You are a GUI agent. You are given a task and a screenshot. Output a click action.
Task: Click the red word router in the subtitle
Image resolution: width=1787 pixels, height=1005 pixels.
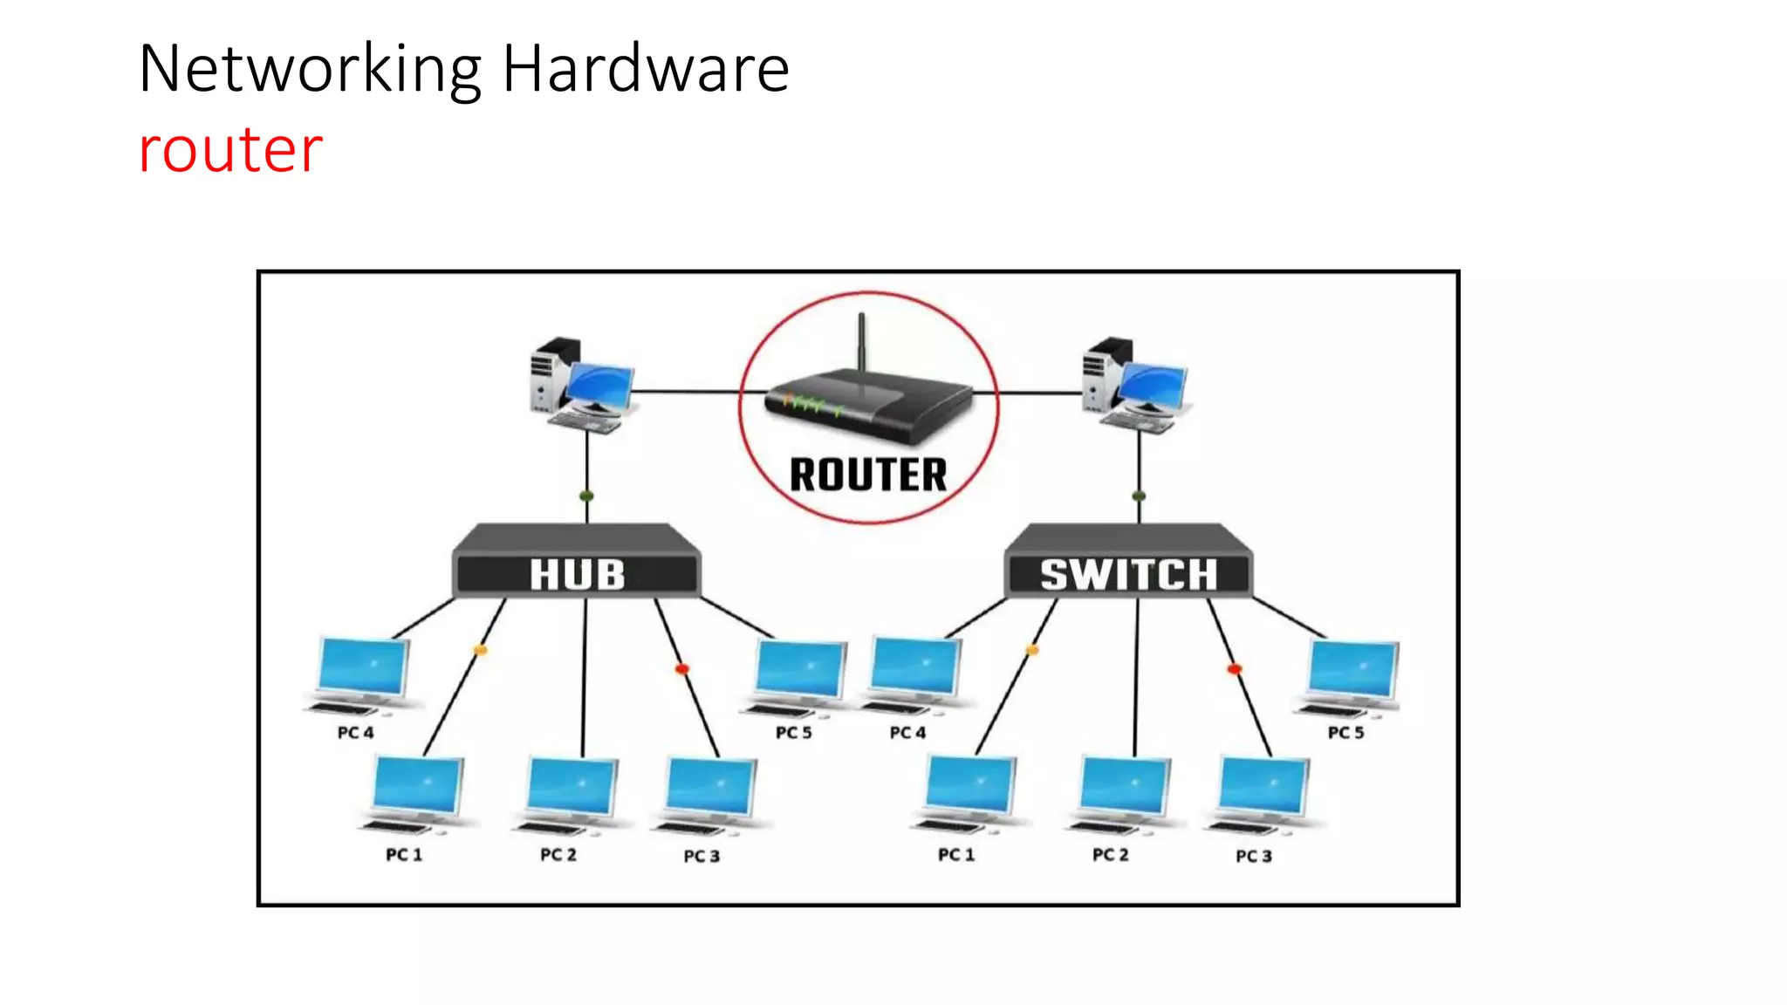[230, 150]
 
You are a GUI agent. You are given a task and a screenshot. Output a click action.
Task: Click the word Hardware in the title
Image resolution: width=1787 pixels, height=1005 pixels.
[646, 70]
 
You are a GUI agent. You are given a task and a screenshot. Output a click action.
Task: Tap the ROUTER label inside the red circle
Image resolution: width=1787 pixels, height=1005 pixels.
[867, 475]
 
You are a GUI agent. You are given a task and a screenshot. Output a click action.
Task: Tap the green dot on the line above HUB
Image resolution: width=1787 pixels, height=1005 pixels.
[586, 496]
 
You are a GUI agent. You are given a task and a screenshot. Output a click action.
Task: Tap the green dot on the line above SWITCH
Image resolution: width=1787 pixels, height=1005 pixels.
[1139, 496]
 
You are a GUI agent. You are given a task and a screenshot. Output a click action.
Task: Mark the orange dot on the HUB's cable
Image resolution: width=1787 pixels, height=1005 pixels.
[480, 650]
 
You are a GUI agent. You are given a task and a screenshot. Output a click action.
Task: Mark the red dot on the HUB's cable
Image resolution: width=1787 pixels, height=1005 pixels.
[682, 669]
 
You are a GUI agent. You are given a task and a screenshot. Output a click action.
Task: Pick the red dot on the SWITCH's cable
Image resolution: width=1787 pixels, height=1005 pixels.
[1234, 669]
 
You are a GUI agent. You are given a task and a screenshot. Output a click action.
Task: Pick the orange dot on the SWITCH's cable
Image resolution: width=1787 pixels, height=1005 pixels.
[1032, 650]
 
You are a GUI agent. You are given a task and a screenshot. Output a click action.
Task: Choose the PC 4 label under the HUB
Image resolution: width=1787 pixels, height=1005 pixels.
[355, 733]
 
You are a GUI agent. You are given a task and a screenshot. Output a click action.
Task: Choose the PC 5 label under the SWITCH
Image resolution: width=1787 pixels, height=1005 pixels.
[1345, 733]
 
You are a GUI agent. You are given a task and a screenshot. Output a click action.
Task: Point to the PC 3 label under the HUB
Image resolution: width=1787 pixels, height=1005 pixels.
[702, 856]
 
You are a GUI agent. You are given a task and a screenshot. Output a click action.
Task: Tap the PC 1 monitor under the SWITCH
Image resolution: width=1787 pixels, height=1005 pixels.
[970, 785]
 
